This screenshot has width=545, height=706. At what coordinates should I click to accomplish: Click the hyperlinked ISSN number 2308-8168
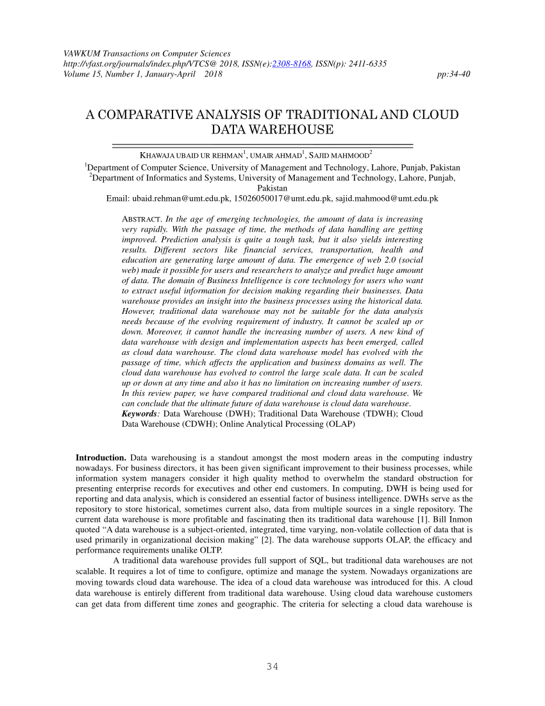[292, 64]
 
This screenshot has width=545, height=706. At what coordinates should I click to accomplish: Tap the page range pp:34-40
[453, 74]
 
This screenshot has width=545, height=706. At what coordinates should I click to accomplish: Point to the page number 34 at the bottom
[272, 667]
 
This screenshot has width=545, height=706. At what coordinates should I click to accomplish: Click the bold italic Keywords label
[140, 414]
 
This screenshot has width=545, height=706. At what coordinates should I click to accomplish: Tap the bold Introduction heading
[101, 458]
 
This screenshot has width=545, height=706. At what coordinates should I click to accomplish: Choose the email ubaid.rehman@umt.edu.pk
[181, 199]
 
